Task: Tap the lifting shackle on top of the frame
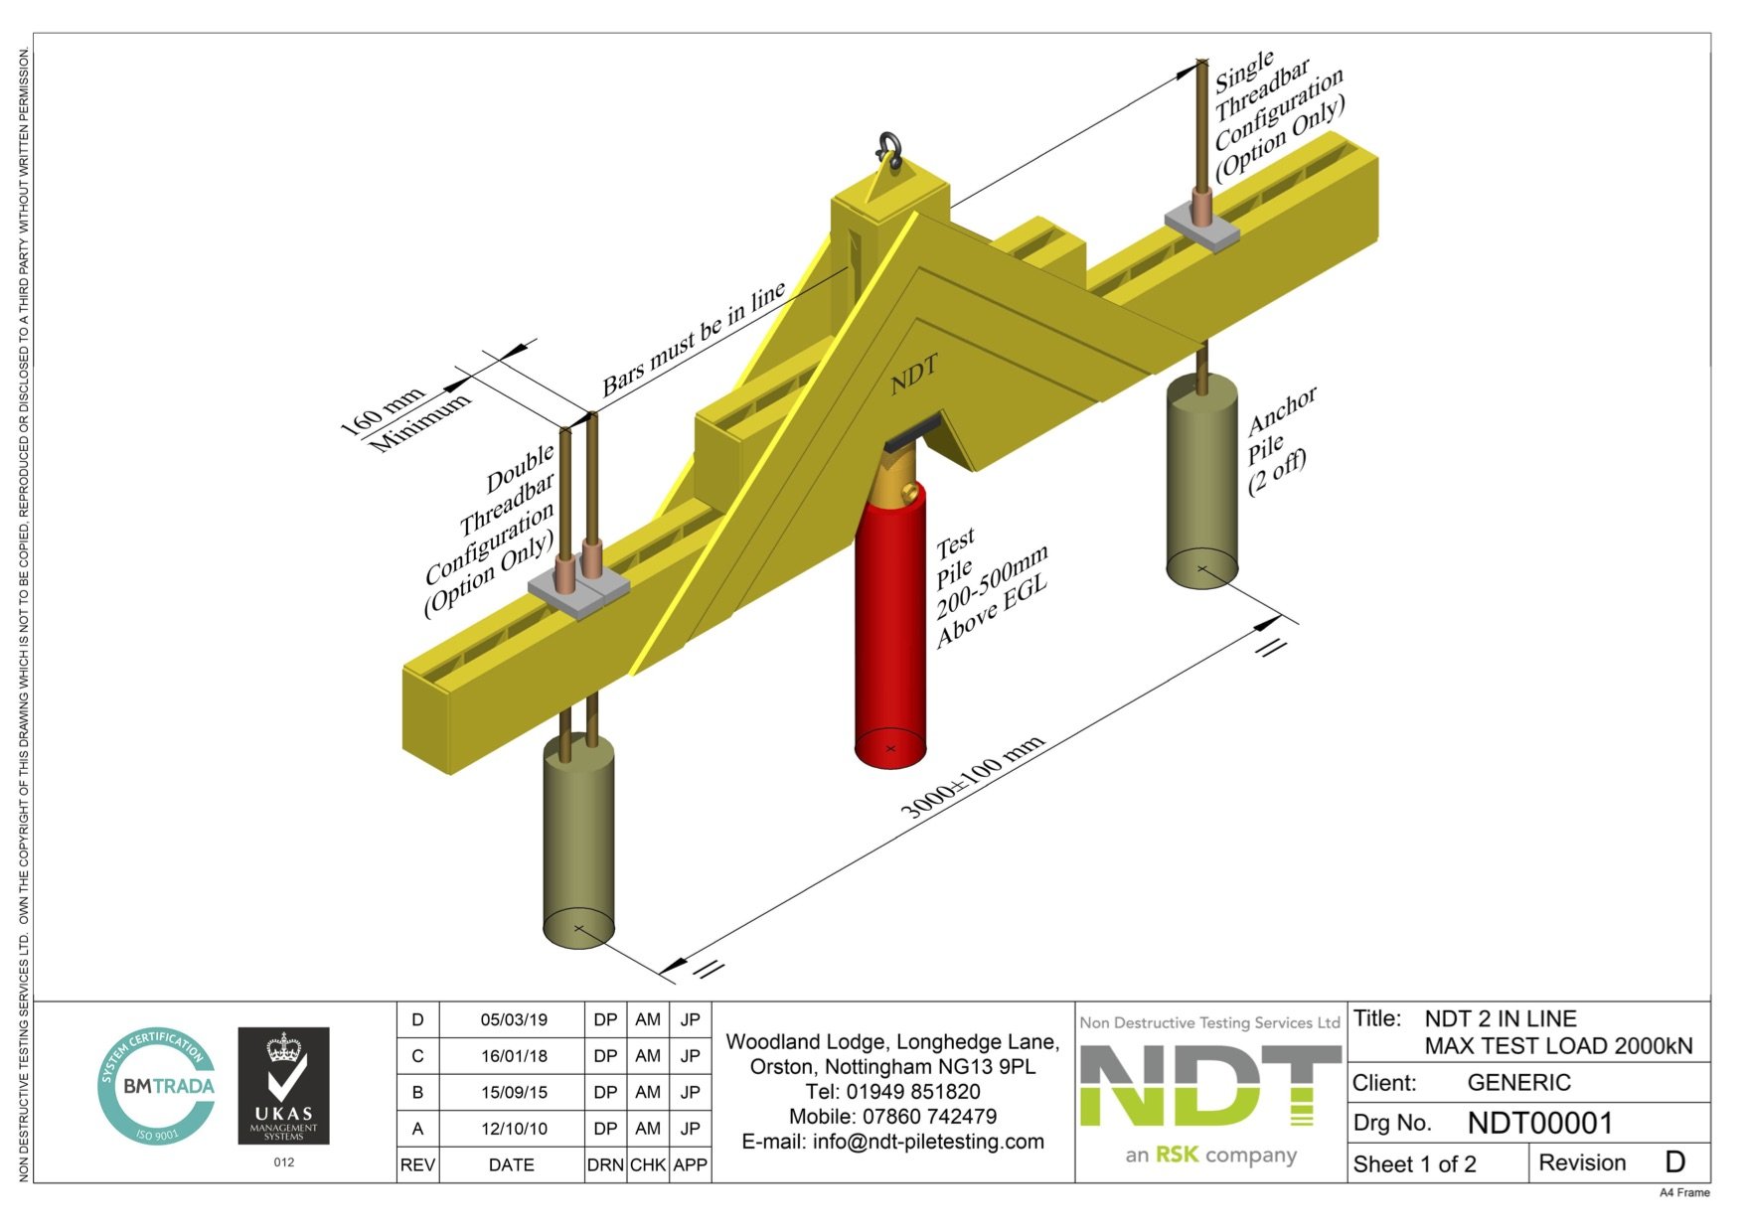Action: tap(887, 150)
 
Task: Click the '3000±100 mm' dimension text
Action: tap(971, 777)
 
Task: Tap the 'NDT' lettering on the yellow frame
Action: tap(913, 376)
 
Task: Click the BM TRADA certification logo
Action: tap(157, 1086)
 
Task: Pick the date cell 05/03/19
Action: tap(513, 1019)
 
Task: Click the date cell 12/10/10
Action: tap(513, 1129)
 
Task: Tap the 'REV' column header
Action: tap(417, 1164)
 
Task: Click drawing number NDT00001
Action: tap(1539, 1123)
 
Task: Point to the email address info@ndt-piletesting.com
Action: tap(892, 1142)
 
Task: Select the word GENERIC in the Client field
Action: tap(1518, 1082)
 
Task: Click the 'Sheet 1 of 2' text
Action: tap(1414, 1163)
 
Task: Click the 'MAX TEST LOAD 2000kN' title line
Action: tap(1557, 1045)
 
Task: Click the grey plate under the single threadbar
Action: tap(1202, 230)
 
